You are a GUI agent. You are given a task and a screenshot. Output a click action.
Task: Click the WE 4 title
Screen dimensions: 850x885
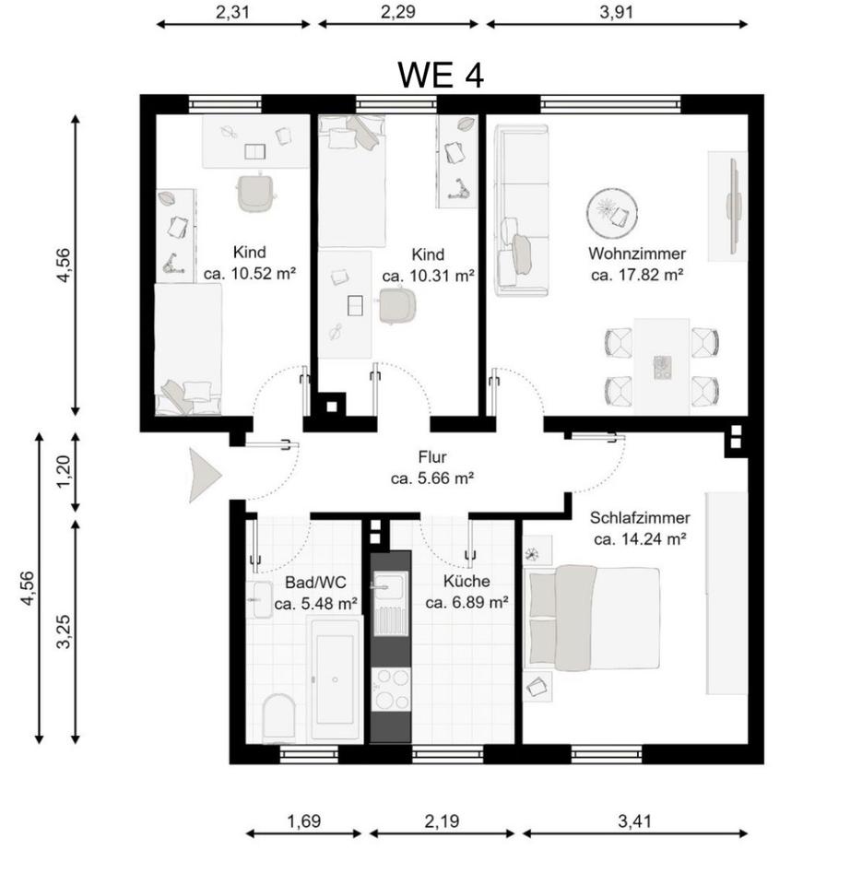point(441,75)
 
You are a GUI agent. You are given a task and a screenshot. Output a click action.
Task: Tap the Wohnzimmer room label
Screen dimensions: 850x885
point(637,254)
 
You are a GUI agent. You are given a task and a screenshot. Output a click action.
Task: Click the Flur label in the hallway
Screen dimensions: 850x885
point(432,456)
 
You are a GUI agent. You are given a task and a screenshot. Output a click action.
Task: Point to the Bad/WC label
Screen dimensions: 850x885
point(315,582)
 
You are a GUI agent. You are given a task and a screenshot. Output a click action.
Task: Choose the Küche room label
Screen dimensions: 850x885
point(466,581)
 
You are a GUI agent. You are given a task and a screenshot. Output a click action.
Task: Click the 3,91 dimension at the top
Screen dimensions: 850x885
point(617,12)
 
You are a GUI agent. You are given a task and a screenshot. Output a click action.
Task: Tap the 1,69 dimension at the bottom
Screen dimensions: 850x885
point(303,821)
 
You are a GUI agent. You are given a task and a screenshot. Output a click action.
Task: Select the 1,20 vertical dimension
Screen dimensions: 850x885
point(65,472)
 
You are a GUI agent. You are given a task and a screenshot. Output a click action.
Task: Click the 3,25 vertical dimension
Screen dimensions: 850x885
point(65,631)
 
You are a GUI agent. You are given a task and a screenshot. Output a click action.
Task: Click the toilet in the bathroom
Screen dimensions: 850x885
point(278,718)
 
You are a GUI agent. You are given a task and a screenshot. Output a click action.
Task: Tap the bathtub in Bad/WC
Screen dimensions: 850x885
point(335,679)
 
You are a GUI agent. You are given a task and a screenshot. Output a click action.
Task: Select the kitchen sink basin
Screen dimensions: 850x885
point(390,587)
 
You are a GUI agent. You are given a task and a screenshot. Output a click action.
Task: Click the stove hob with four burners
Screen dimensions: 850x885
point(391,690)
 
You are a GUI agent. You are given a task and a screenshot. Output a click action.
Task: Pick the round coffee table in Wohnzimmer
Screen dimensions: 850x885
point(612,213)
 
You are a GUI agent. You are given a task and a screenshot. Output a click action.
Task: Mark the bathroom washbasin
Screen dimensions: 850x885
point(261,599)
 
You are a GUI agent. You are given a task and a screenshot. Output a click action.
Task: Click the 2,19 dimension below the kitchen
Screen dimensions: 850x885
point(442,821)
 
